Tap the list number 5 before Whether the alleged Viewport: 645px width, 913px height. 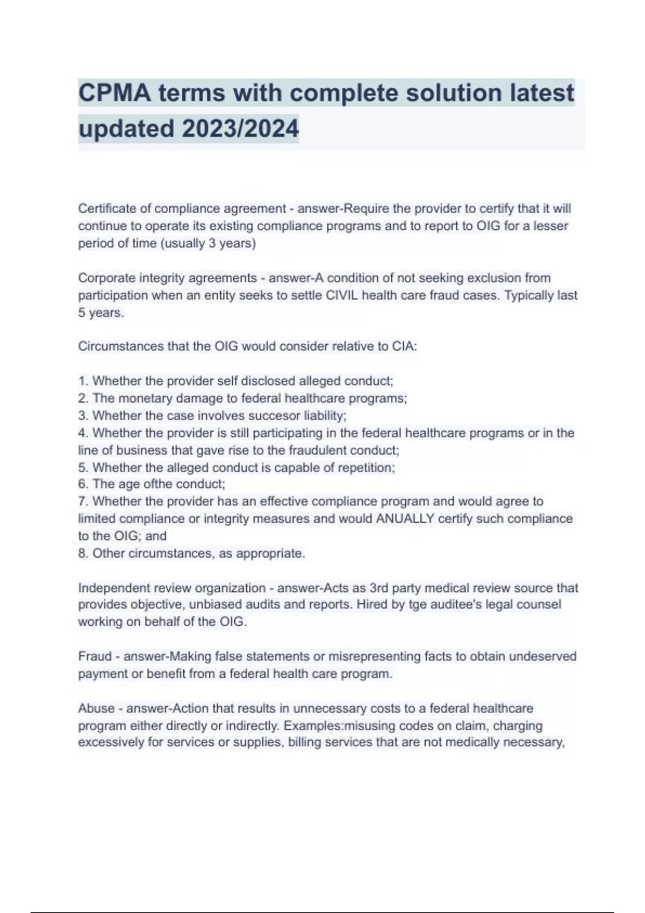tap(82, 468)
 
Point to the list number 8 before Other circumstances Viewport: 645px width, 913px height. tap(82, 554)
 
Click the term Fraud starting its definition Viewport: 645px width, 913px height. tap(95, 657)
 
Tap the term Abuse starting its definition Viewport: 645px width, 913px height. tap(96, 709)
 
